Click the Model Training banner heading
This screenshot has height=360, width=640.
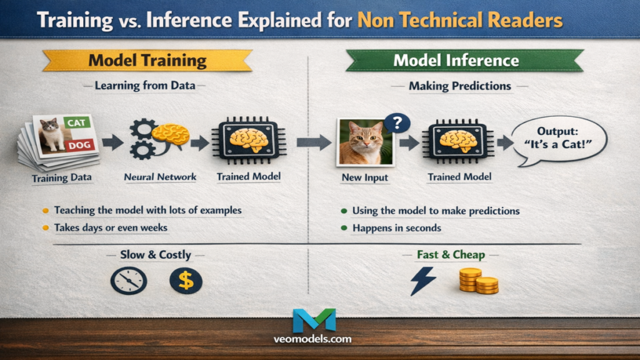point(147,60)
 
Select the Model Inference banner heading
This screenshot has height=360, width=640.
point(456,60)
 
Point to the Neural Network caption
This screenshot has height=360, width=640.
point(160,177)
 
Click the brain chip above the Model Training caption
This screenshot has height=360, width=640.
point(248,141)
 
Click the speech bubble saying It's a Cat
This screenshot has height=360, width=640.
point(559,141)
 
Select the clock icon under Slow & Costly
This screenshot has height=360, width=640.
point(129,281)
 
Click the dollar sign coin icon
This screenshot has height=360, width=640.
point(186,281)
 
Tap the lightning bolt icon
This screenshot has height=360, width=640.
point(422,281)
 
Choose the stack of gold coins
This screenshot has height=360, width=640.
point(479,281)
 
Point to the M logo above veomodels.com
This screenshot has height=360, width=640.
point(314,320)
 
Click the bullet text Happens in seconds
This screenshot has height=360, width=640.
point(396,228)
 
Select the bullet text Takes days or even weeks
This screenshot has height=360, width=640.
point(111,227)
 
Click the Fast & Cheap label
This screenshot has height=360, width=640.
point(451,255)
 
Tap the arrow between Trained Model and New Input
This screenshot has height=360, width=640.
point(314,142)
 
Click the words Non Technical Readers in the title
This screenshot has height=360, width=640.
point(459,20)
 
